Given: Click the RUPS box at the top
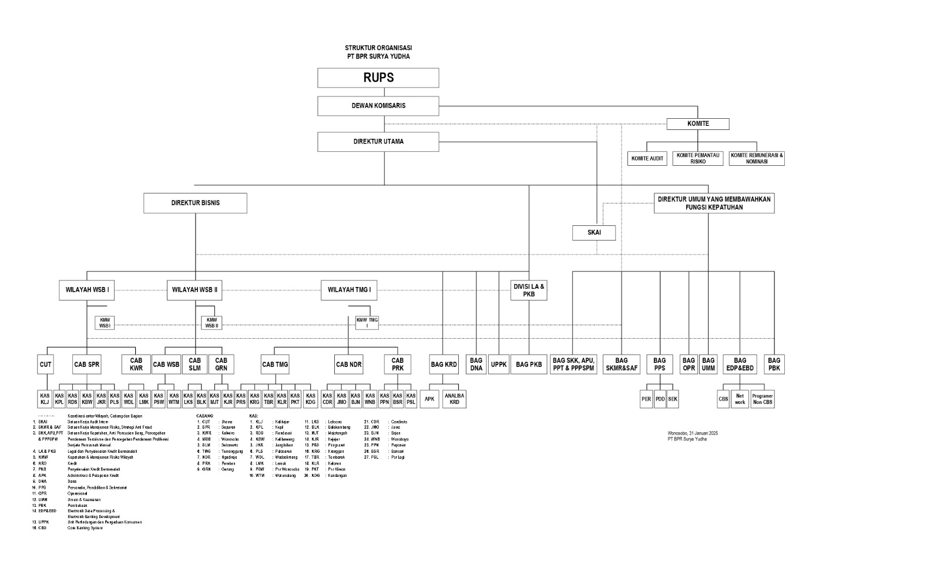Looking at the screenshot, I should (378, 78).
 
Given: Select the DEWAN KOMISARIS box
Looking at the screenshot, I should (378, 106).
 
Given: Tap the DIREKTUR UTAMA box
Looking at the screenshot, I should (378, 142).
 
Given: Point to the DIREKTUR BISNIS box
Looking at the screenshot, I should (195, 203).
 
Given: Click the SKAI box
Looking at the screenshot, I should (594, 233).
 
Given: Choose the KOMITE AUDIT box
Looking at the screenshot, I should (647, 158).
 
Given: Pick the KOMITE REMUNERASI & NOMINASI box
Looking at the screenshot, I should (756, 158).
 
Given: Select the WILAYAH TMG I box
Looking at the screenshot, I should (349, 290).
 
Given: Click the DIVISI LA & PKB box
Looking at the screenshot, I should (529, 290).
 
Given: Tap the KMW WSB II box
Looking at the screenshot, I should (211, 323).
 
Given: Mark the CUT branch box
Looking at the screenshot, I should (45, 365).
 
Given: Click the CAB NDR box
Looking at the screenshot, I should (349, 365).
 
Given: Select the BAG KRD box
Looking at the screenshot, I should (444, 365).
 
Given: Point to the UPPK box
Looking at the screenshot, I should (499, 365).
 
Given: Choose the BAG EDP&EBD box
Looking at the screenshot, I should (740, 364).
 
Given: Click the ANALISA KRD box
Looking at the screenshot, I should (454, 399).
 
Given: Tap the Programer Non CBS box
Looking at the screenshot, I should (762, 399).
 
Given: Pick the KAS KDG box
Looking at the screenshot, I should (311, 399).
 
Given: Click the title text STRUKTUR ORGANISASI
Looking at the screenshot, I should (378, 48).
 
